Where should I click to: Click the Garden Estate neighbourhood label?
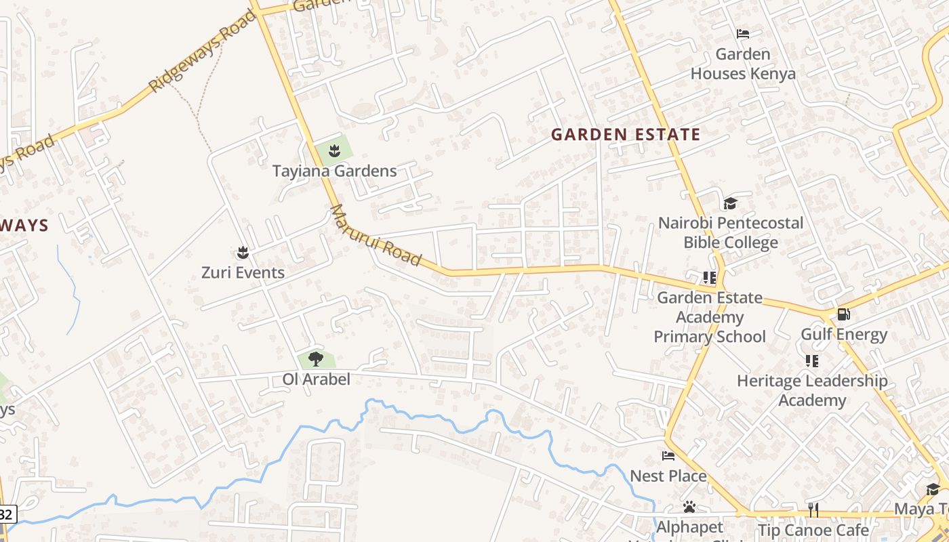625,134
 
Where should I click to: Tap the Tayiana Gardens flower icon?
334,151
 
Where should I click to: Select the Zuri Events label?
243,272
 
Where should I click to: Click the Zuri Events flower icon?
243,253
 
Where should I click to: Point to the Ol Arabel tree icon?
315,359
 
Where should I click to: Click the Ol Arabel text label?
316,379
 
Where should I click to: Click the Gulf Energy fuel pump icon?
843,314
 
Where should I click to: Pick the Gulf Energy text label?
843,335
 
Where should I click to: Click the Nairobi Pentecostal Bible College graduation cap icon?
730,203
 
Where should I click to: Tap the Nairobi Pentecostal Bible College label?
731,232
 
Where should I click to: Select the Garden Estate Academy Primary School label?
710,317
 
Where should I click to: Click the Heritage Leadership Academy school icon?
811,361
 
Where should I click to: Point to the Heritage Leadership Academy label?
811,390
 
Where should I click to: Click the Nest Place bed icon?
668,456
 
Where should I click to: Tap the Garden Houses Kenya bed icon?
743,34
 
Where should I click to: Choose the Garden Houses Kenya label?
743,64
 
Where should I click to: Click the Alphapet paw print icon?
689,507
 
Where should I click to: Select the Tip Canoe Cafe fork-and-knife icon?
813,509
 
